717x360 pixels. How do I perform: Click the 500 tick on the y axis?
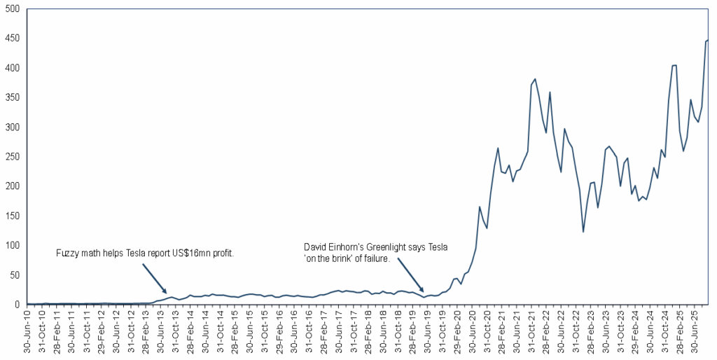click(x=14, y=9)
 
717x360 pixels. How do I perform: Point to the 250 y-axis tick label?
click(x=14, y=157)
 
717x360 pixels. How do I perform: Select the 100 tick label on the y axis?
click(x=14, y=245)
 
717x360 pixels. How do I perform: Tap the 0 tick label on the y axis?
click(x=20, y=305)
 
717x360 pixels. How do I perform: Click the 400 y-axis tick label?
click(x=14, y=68)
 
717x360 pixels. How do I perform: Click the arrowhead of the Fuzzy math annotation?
click(x=165, y=292)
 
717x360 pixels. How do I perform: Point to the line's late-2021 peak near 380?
click(x=535, y=79)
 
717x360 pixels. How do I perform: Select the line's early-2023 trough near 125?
click(x=583, y=231)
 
